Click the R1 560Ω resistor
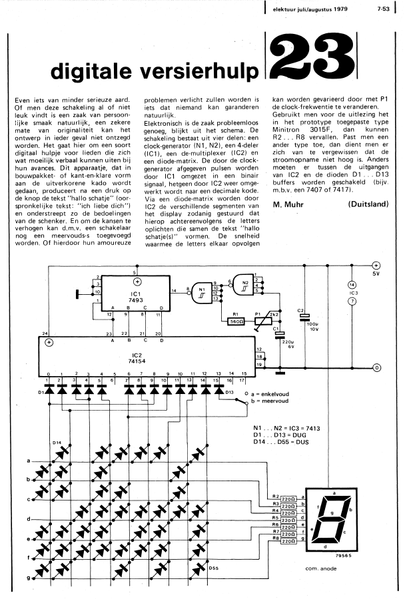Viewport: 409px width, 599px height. point(234,319)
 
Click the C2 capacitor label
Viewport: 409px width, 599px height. point(301,310)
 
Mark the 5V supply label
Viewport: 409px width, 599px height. point(376,272)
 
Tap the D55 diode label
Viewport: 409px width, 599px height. point(213,568)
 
